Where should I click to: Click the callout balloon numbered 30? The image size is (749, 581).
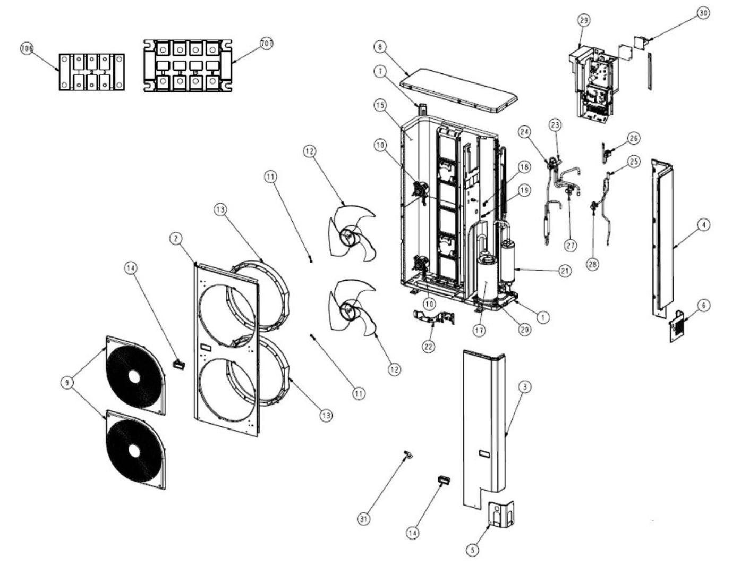point(703,13)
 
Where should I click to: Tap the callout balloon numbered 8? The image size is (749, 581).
point(379,47)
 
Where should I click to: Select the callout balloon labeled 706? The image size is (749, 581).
point(26,48)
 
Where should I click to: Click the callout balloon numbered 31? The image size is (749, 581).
point(363,519)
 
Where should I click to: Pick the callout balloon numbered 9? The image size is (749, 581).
point(67,382)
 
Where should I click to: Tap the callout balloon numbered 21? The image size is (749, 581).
point(565,271)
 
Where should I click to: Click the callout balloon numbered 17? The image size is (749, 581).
point(479,330)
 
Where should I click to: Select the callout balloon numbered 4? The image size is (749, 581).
point(703,225)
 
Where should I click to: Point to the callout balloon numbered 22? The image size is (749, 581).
point(428,346)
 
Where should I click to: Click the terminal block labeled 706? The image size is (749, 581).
point(91,71)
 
